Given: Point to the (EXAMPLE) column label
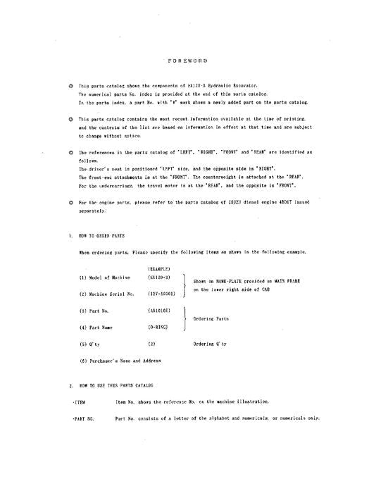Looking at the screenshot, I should pyautogui.click(x=158, y=270).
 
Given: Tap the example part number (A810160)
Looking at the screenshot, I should pyautogui.click(x=158, y=311).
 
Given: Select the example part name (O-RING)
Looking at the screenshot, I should pyautogui.click(x=157, y=327).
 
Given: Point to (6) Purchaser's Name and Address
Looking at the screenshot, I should pyautogui.click(x=120, y=361).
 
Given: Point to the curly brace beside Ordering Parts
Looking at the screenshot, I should pyautogui.click(x=184, y=319).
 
